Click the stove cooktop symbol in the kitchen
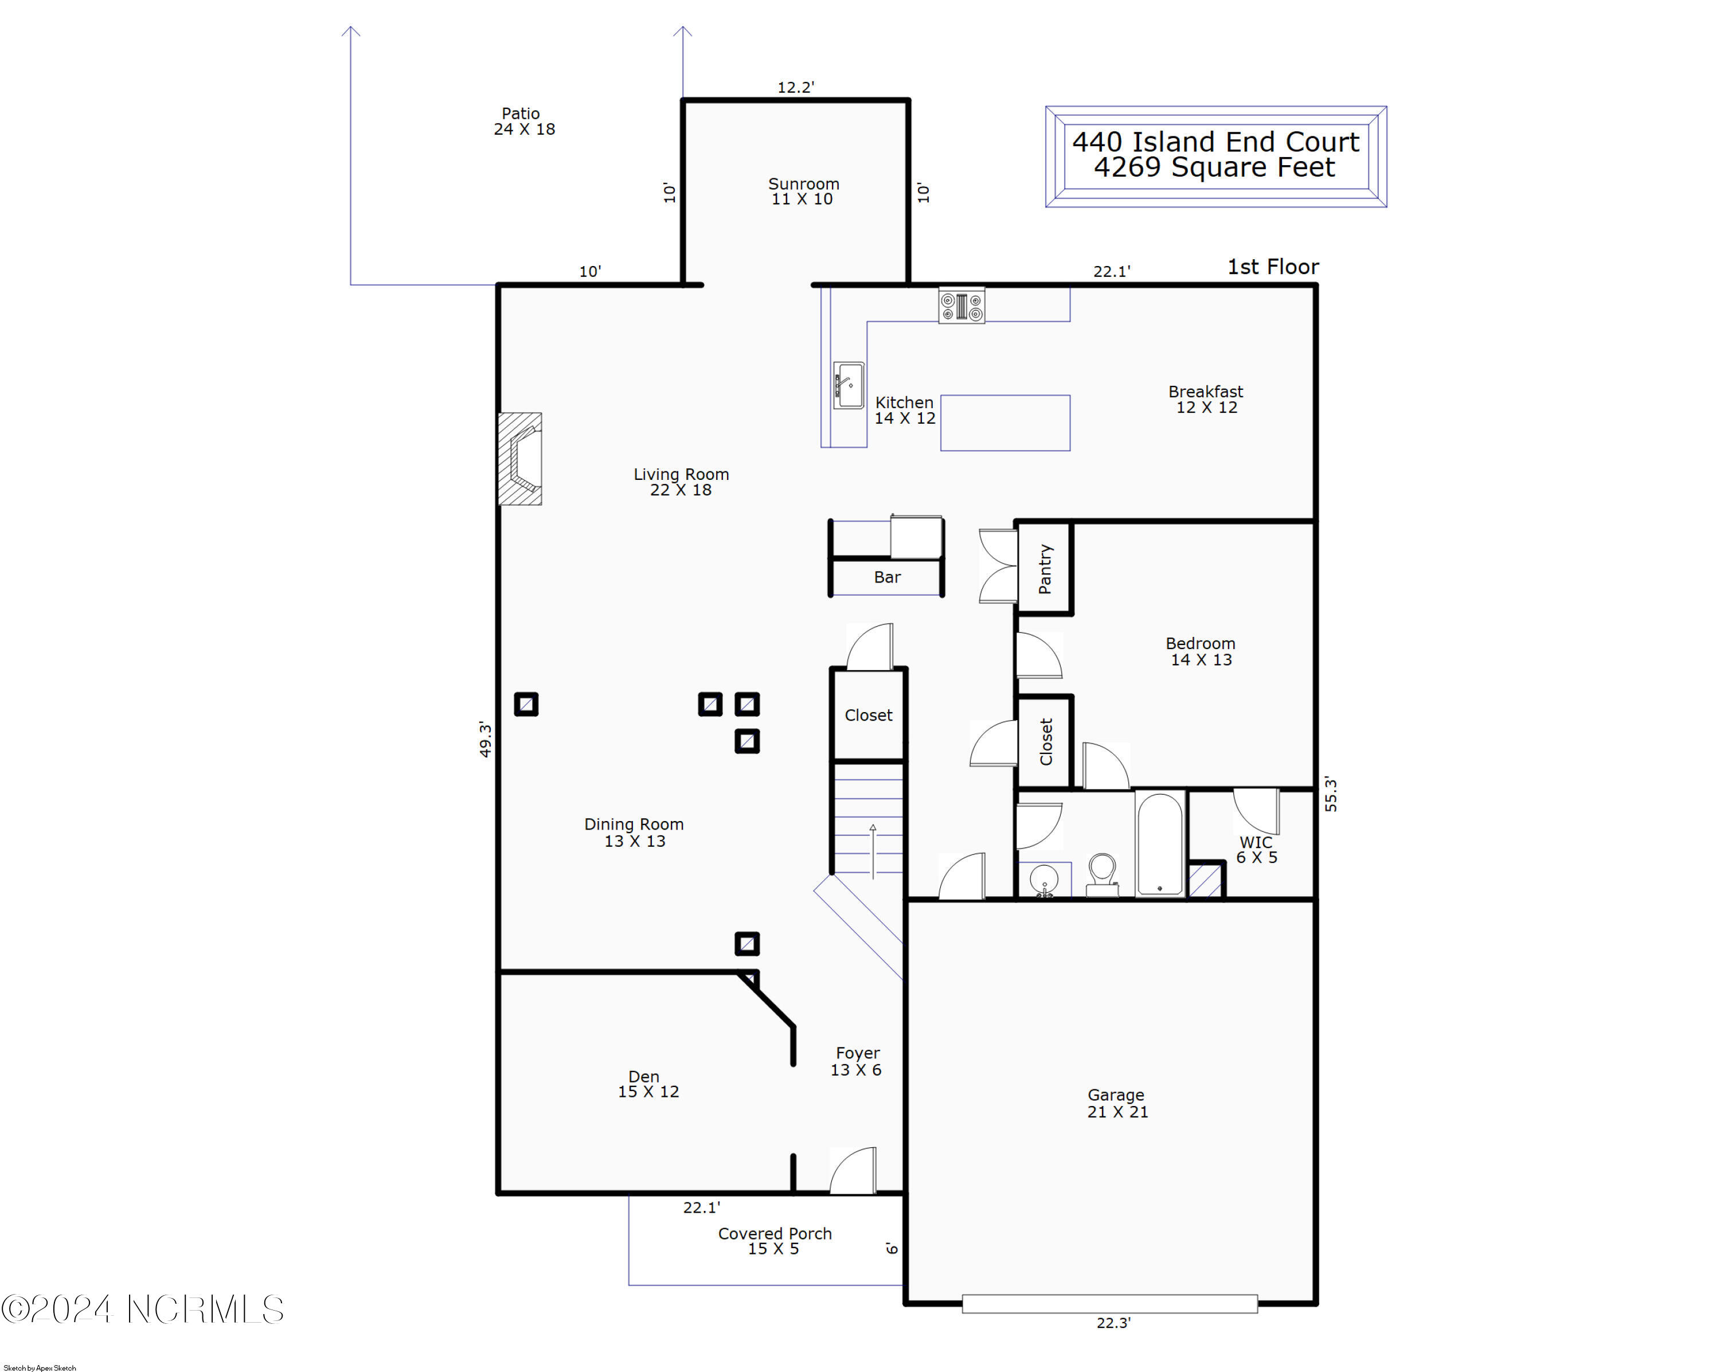click(961, 306)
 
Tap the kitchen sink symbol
click(848, 385)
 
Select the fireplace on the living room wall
click(520, 459)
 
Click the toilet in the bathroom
click(1102, 875)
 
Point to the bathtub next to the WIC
click(1159, 844)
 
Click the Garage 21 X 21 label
click(1117, 1103)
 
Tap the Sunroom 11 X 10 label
click(803, 191)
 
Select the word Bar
click(887, 577)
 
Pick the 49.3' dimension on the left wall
click(485, 738)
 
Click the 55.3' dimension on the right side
click(1331, 795)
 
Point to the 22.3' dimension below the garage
click(1113, 1323)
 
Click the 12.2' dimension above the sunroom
click(795, 87)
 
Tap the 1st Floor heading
click(1272, 267)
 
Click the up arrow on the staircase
click(873, 850)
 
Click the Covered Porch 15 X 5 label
click(774, 1241)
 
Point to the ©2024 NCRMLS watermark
click(143, 1310)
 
